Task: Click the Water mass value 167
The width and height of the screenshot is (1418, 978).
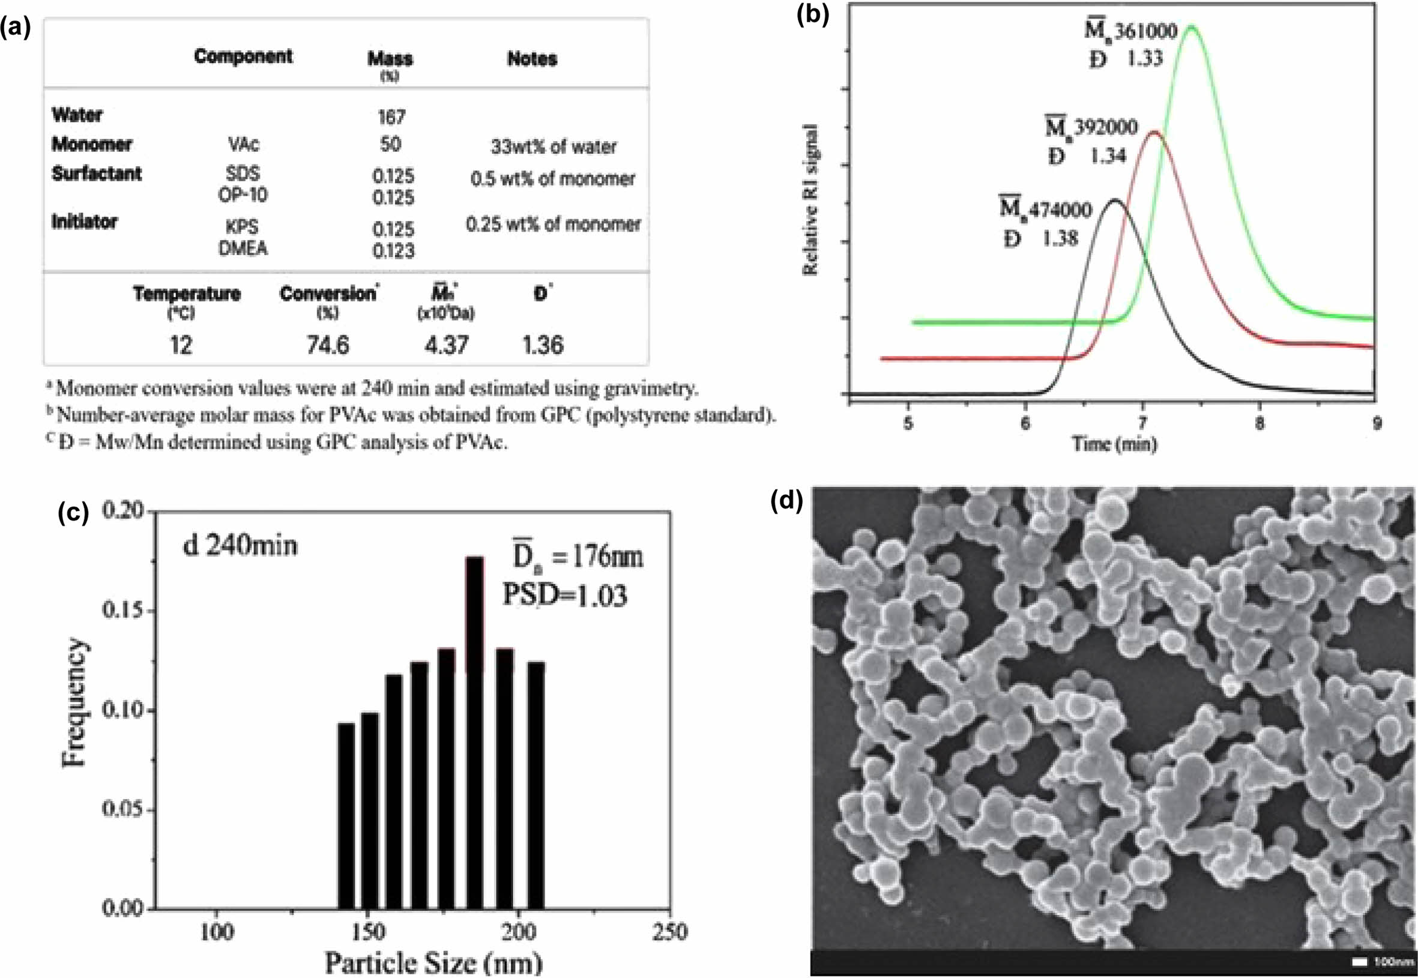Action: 391,116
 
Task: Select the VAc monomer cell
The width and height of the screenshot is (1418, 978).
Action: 243,145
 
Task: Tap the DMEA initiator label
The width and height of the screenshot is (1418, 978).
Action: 243,249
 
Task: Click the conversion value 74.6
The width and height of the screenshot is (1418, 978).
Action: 328,346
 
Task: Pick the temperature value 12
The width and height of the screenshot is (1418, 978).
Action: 181,346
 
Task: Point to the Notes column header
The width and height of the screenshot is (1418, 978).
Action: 532,59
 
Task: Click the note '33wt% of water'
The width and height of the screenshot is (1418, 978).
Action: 554,147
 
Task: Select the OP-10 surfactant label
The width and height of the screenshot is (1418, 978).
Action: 243,195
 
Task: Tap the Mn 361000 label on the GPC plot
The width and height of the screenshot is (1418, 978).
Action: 1130,31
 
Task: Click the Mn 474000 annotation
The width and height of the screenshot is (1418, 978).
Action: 1045,210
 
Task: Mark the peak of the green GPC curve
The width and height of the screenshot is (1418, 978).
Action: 1191,26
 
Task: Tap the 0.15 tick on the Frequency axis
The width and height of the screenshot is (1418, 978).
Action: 122,611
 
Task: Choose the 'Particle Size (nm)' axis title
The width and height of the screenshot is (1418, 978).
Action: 433,962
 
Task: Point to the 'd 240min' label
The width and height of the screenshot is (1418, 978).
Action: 240,545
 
